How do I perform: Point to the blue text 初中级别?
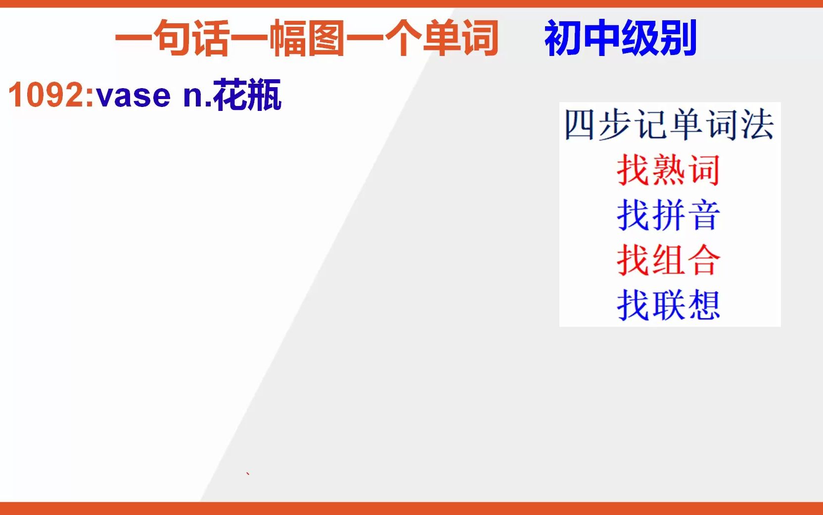[620, 38]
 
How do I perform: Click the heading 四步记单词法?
[669, 125]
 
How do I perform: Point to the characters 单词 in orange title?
[460, 38]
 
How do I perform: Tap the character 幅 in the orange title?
[288, 38]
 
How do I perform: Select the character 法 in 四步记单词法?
[757, 125]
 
